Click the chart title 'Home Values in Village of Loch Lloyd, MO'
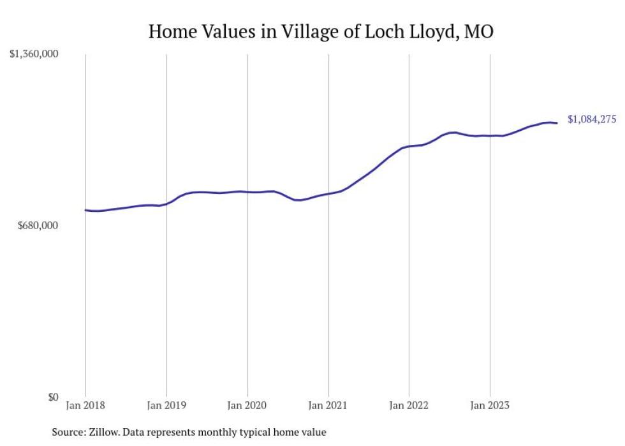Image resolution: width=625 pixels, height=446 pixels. [321, 31]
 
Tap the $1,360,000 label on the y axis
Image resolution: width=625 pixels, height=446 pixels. [34, 54]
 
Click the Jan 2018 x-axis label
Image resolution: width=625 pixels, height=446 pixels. [85, 405]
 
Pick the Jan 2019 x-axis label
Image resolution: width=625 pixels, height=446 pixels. [166, 405]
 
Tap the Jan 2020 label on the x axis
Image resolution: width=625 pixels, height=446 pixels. [247, 405]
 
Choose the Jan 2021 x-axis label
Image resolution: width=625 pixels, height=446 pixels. [328, 405]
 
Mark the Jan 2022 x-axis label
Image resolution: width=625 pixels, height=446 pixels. [409, 405]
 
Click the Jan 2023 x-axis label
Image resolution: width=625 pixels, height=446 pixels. [490, 405]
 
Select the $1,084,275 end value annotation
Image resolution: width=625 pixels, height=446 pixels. [592, 119]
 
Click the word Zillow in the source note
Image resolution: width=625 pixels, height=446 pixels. [101, 432]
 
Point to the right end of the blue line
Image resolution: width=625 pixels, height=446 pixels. [557, 123]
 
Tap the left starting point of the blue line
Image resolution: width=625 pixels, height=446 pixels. [85, 210]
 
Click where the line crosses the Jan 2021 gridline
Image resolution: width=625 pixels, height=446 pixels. [328, 193]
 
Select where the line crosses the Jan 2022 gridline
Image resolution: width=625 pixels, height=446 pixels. [409, 147]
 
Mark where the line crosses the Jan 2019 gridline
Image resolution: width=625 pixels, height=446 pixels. [166, 204]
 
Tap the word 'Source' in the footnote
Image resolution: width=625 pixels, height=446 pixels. [67, 432]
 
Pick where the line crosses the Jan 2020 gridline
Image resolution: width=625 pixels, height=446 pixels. [247, 191]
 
